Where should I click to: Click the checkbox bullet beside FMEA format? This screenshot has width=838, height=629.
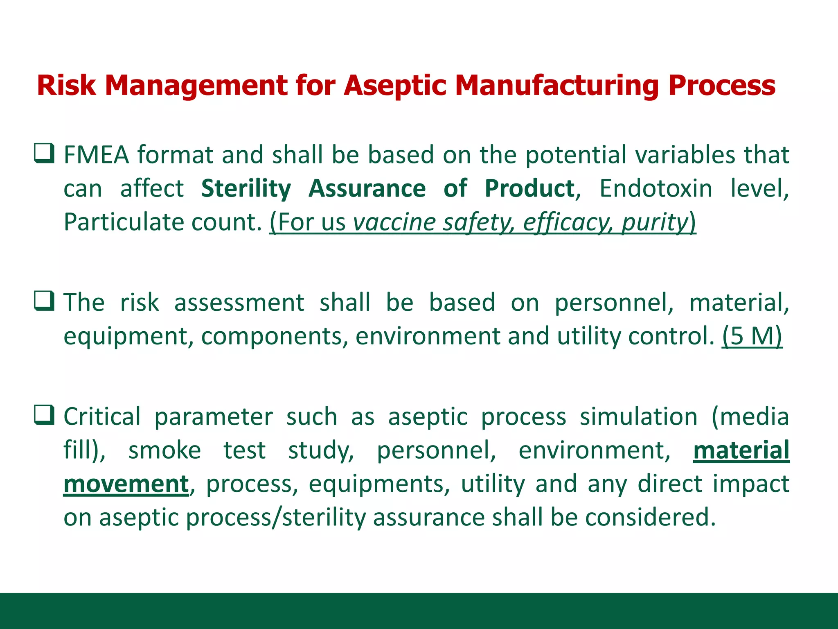tap(44, 154)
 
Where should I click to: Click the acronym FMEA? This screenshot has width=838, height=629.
tap(97, 155)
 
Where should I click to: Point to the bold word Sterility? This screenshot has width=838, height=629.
tap(246, 189)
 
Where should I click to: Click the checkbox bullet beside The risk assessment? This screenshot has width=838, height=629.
tap(44, 301)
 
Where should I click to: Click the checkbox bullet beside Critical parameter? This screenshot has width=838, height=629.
tap(44, 415)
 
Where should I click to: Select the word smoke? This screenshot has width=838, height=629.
tap(164, 450)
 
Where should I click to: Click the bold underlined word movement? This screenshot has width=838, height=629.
tap(126, 484)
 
